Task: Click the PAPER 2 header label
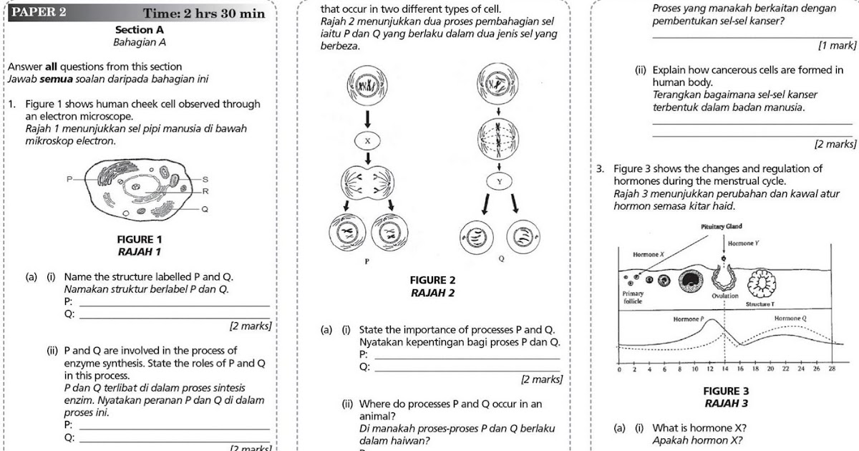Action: (x=41, y=12)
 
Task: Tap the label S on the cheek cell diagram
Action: (x=205, y=178)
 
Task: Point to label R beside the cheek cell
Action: (x=205, y=192)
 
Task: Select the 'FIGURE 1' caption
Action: (x=139, y=239)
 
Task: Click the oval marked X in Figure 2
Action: (x=368, y=141)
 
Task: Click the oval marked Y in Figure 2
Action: (x=500, y=182)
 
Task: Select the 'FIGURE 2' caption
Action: (x=432, y=281)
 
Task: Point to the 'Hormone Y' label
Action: (x=744, y=244)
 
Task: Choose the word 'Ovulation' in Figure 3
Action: (x=725, y=296)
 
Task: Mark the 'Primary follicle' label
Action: (x=633, y=298)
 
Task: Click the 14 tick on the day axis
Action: (x=725, y=369)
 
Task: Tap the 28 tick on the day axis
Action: (x=831, y=369)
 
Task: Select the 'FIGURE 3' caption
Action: (x=726, y=391)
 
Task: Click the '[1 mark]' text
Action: (x=837, y=46)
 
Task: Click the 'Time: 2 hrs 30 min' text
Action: (x=203, y=14)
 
